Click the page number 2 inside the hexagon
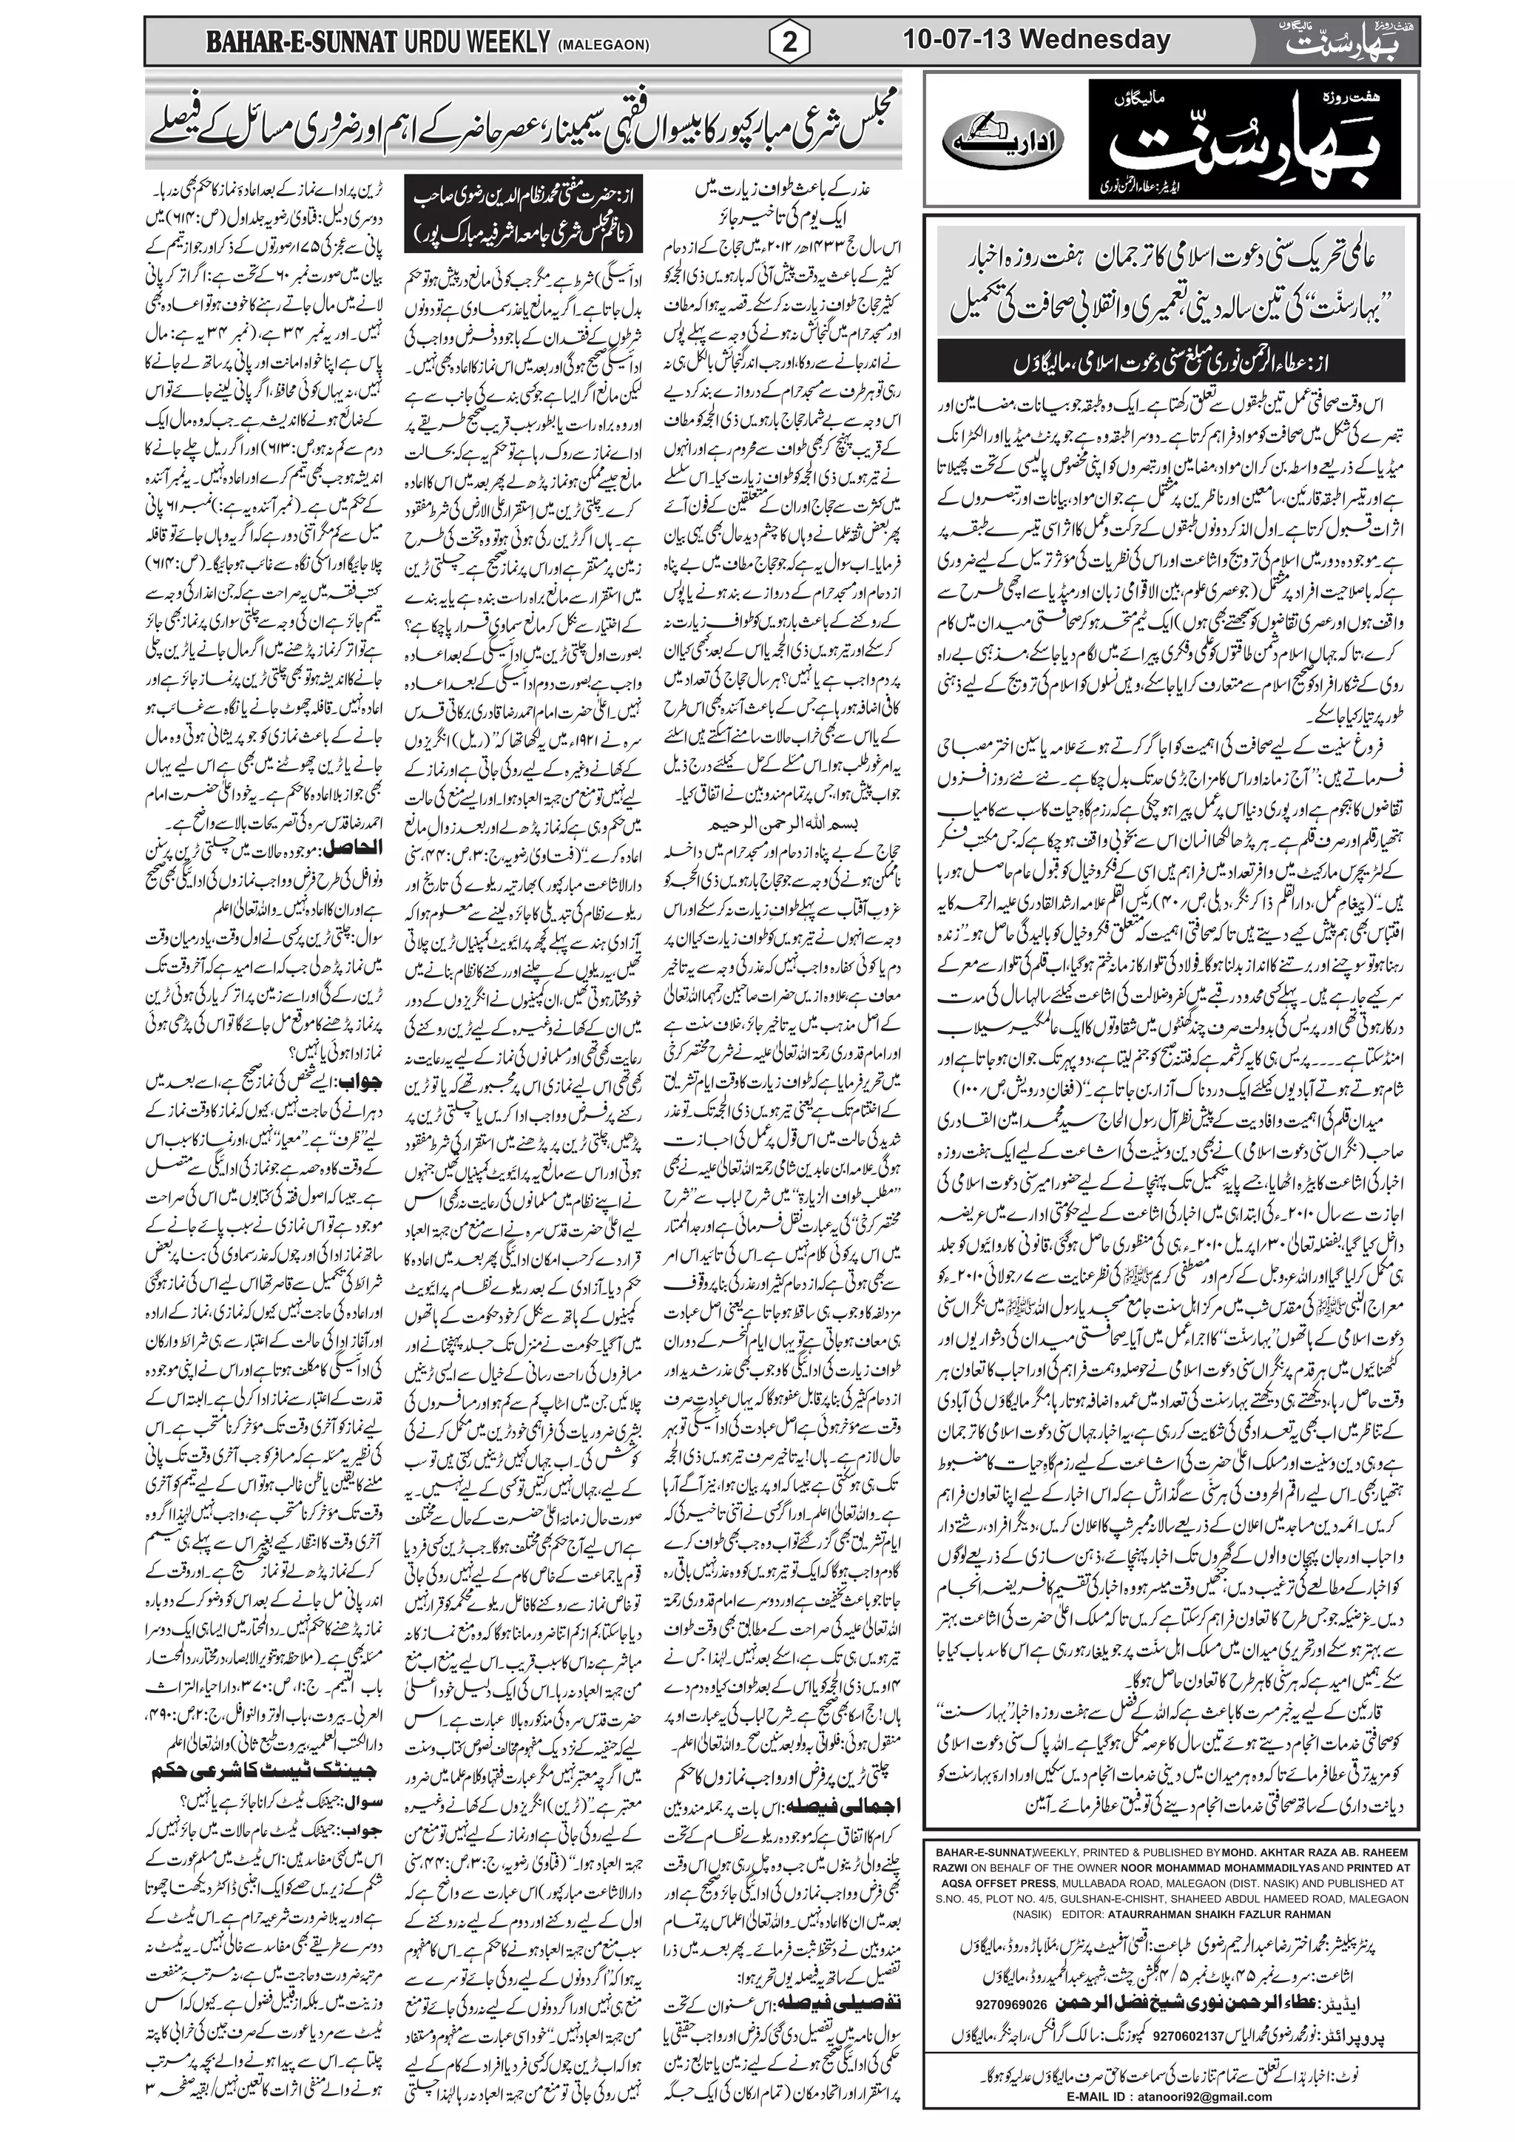pos(790,41)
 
